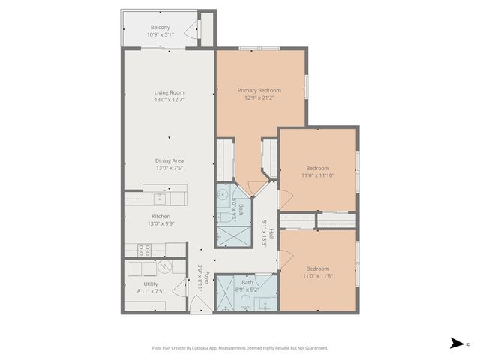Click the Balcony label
click(159, 27)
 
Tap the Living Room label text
click(169, 92)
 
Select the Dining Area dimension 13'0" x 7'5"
click(169, 168)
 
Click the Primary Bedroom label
click(259, 90)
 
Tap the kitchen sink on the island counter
click(160, 198)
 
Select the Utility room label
click(151, 283)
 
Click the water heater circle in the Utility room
click(163, 268)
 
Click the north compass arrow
click(455, 343)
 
